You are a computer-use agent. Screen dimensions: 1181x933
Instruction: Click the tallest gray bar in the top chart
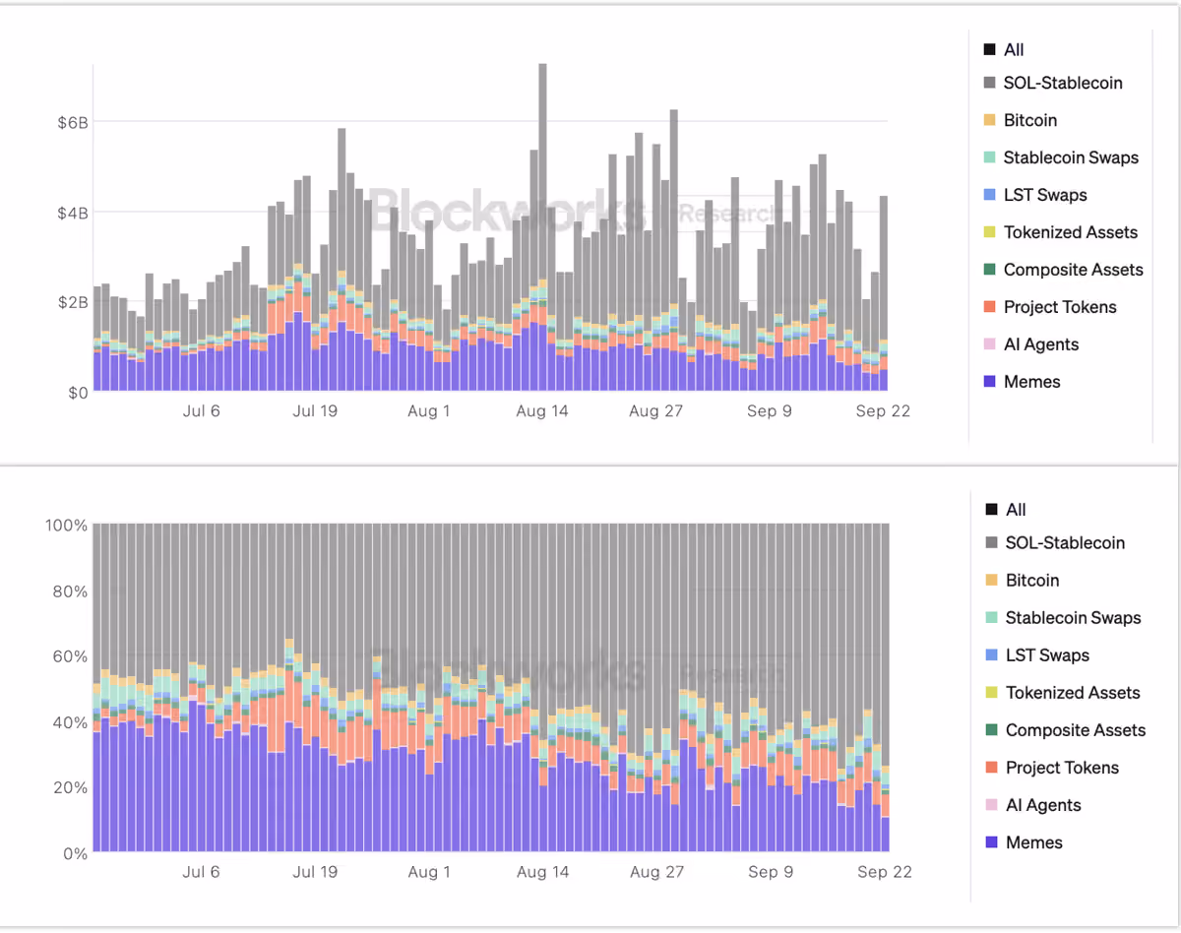pyautogui.click(x=542, y=170)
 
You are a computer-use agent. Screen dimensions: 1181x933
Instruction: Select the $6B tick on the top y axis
pyautogui.click(x=73, y=122)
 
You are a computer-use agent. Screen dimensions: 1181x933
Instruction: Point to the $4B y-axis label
pyautogui.click(x=73, y=213)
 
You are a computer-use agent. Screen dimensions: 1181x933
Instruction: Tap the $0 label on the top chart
pyautogui.click(x=78, y=393)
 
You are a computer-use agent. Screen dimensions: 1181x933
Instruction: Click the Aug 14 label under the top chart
pyautogui.click(x=542, y=411)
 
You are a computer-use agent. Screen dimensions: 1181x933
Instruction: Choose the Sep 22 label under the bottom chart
pyautogui.click(x=885, y=872)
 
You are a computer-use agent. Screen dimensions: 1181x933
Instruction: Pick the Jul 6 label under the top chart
pyautogui.click(x=202, y=411)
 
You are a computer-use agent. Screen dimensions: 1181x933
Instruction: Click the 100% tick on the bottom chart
pyautogui.click(x=66, y=526)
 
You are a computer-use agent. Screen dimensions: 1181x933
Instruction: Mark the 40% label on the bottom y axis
pyautogui.click(x=70, y=722)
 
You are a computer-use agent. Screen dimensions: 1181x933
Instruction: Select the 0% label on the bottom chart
pyautogui.click(x=76, y=853)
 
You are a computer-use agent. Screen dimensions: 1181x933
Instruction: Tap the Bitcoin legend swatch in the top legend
pyautogui.click(x=989, y=120)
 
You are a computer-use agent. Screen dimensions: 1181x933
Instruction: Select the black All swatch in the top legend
pyautogui.click(x=989, y=50)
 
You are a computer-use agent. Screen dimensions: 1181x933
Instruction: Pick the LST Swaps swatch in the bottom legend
pyautogui.click(x=991, y=654)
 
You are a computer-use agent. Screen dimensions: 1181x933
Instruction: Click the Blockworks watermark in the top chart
pyautogui.click(x=508, y=211)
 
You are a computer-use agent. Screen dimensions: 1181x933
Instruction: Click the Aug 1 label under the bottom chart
pyautogui.click(x=429, y=872)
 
